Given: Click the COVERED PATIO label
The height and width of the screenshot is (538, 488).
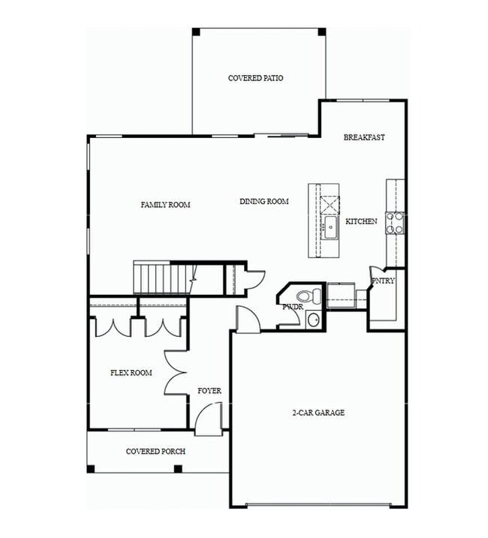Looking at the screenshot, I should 255,78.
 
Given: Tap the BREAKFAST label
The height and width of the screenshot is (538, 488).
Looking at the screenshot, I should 364,137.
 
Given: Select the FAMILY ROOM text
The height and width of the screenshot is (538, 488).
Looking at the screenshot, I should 165,205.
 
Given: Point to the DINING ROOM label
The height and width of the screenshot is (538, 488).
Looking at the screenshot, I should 264,201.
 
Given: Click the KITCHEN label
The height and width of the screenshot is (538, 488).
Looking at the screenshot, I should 361,221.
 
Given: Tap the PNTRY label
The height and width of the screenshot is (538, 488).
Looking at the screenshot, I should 383,281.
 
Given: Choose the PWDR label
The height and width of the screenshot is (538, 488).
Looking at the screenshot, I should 291,307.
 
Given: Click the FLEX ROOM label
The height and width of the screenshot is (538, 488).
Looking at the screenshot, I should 131,373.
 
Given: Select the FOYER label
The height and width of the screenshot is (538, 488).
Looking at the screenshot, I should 209,391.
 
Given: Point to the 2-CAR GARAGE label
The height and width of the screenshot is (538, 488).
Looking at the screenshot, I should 318,413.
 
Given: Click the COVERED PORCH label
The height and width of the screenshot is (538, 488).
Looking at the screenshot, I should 155,451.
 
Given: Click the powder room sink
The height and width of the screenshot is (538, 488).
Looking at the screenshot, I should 313,320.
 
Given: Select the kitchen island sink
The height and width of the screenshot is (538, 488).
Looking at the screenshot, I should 330,227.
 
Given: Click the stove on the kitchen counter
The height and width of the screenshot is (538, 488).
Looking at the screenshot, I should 395,221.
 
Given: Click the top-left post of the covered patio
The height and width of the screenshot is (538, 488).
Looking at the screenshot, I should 196,32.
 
